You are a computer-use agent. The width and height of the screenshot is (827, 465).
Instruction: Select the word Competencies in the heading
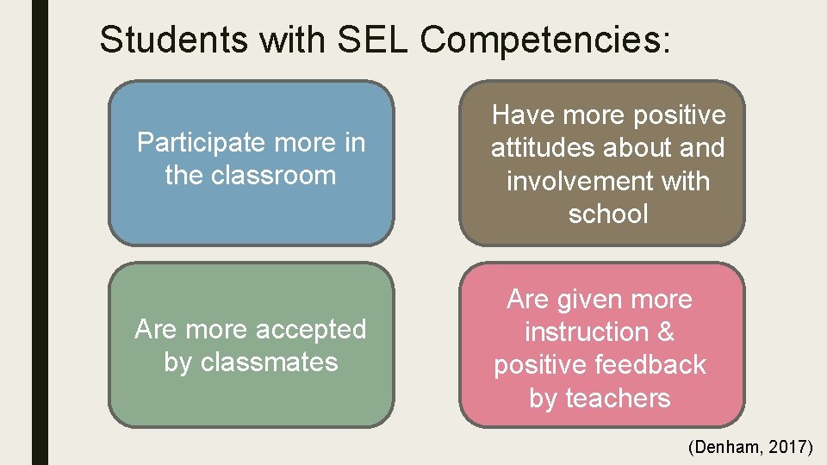coord(544,40)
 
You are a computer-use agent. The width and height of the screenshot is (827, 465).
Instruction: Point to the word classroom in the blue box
coord(269,176)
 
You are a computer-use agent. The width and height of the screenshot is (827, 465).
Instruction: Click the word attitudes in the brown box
coord(545,148)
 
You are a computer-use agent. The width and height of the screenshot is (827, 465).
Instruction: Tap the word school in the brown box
coord(607,214)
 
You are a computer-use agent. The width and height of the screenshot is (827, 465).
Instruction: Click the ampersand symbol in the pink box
coord(665,332)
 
